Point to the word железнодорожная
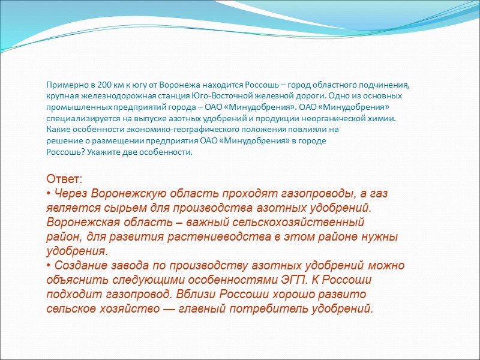109,96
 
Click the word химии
383,119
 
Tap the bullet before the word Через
49,194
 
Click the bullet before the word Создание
49,266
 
